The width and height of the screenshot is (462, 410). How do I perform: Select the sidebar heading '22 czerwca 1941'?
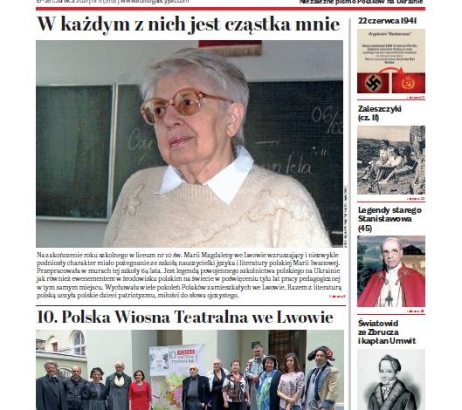tap(386, 20)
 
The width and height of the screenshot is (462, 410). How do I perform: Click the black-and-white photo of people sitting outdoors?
tap(390, 160)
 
